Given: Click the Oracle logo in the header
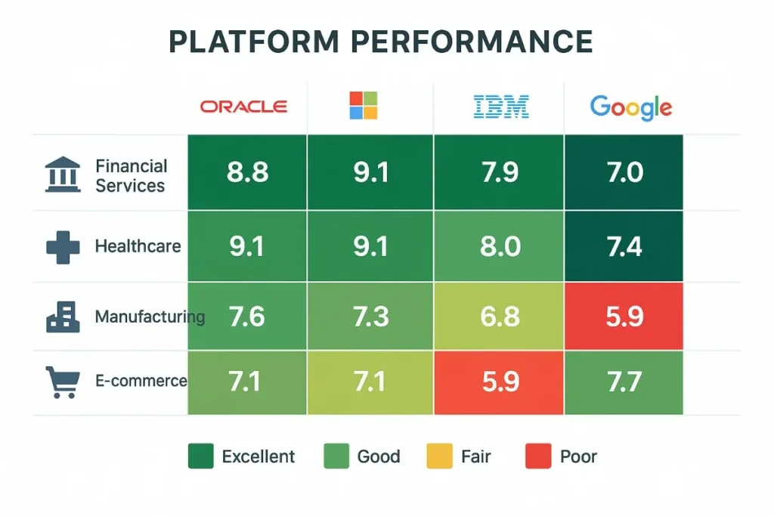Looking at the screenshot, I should (243, 107).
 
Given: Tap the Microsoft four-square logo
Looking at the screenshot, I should (363, 106).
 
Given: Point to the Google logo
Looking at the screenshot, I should (630, 107).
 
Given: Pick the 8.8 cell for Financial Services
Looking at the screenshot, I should (247, 172).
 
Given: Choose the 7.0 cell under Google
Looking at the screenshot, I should (624, 172).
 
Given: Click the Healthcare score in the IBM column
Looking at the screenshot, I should (499, 247).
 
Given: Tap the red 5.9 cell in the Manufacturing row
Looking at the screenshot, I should (624, 316).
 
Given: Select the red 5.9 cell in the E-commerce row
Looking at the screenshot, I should (499, 382).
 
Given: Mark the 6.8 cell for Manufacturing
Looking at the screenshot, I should (499, 316).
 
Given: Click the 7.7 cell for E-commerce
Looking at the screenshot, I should (624, 382).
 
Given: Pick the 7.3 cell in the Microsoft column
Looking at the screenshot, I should (370, 316).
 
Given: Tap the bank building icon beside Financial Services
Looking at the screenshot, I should (63, 175).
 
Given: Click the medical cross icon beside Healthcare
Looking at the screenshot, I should (63, 247).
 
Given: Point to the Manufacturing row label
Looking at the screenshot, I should (149, 317).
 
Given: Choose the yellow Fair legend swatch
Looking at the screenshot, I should (438, 456).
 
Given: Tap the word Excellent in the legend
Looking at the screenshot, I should (258, 456).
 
